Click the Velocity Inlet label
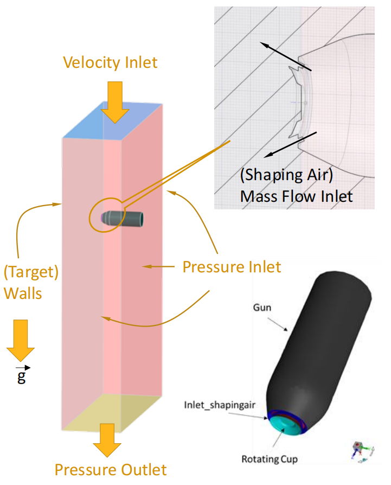coord(110,62)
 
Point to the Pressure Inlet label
coord(232,267)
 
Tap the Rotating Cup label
coord(270,459)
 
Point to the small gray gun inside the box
coord(123,219)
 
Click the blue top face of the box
coord(113,122)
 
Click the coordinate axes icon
coord(361,451)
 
